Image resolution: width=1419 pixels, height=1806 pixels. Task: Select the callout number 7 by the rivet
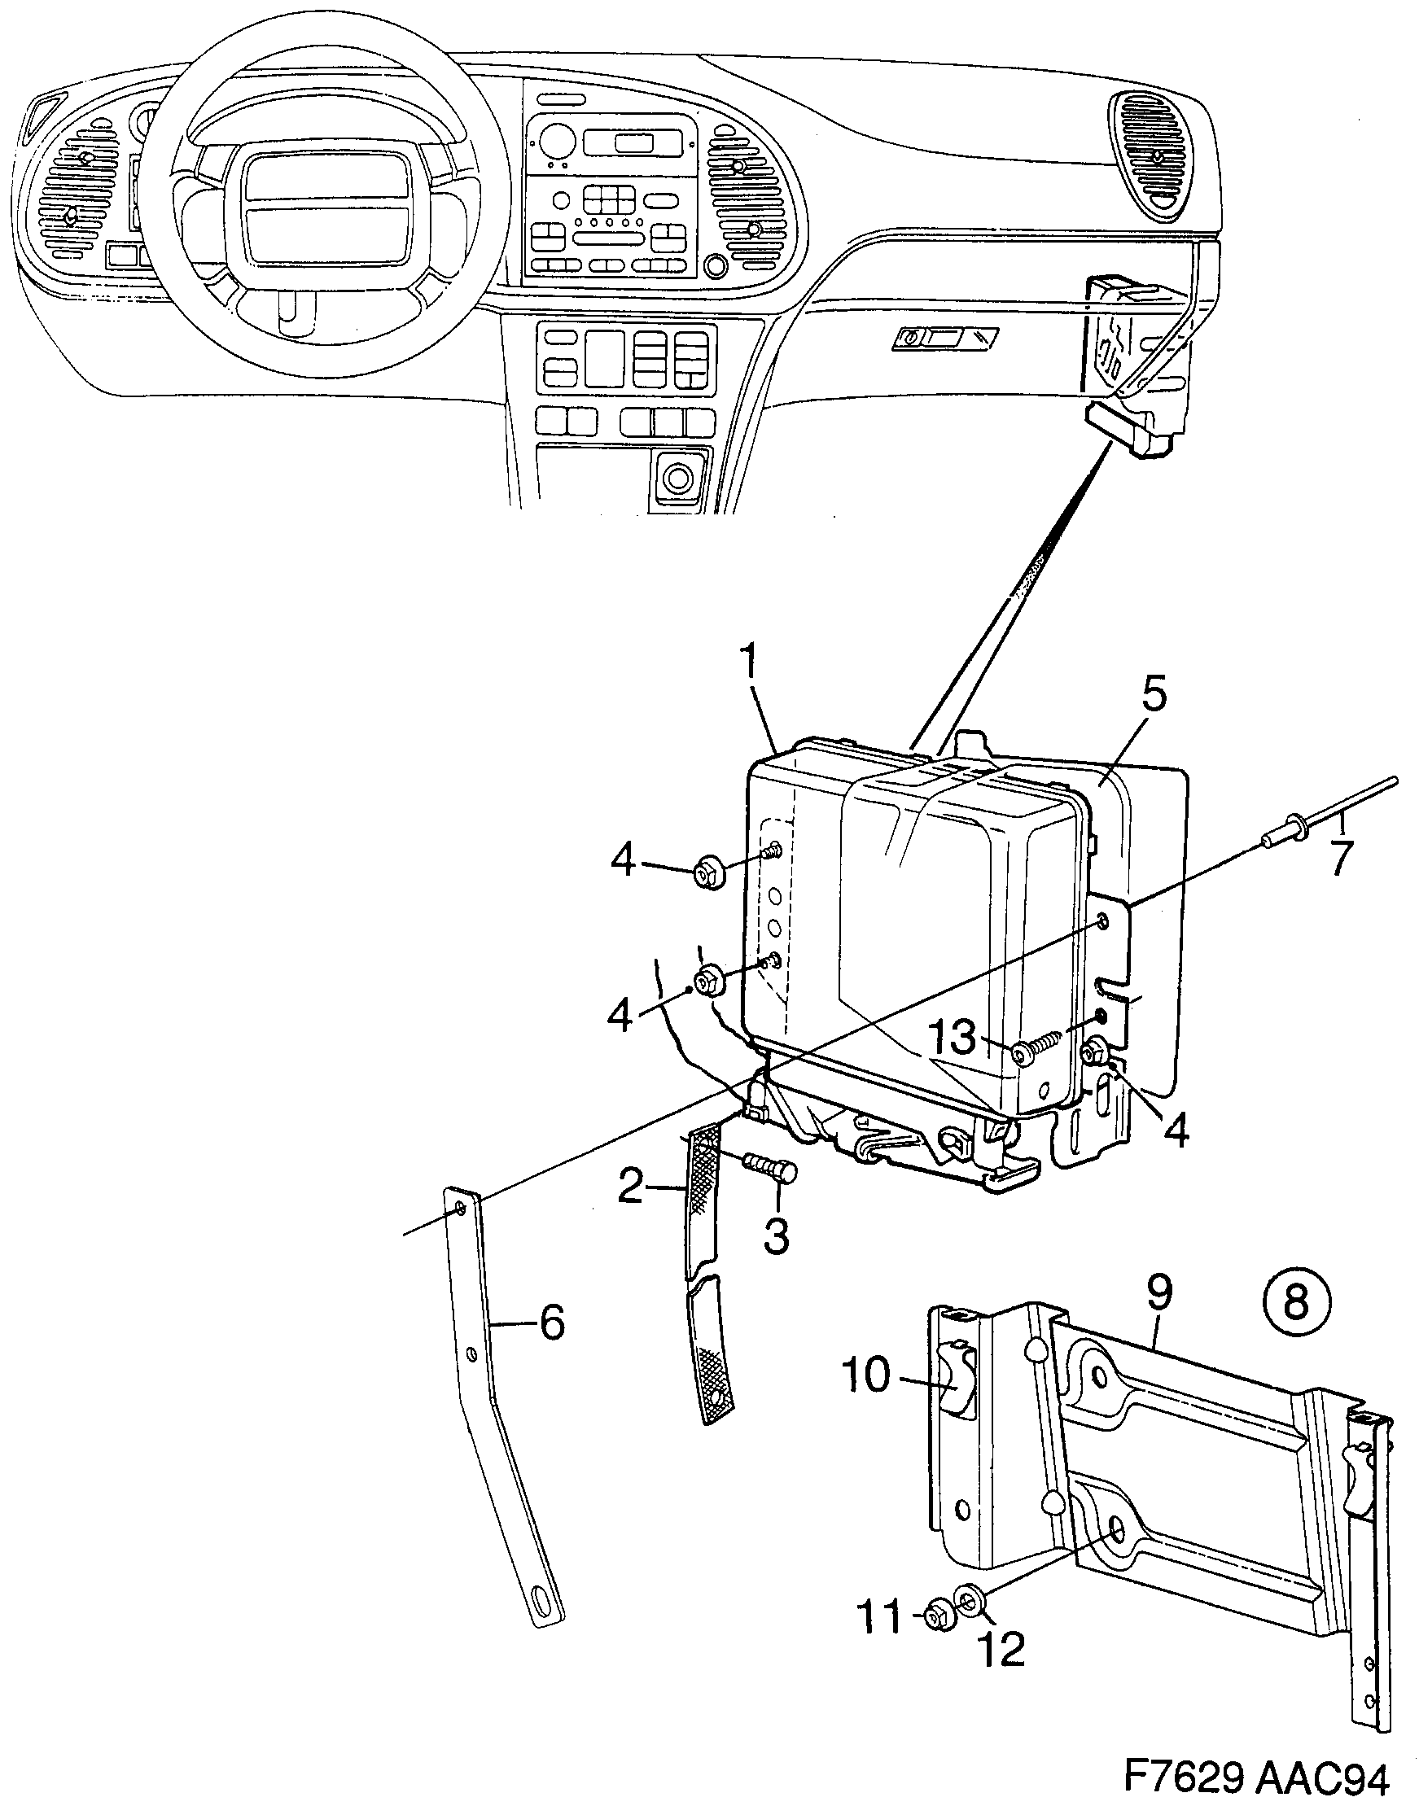(x=1341, y=858)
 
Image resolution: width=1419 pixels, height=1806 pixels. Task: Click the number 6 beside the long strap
(x=552, y=1322)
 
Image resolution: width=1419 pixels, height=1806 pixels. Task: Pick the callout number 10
(x=865, y=1376)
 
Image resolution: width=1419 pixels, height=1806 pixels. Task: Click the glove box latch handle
(x=944, y=338)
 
